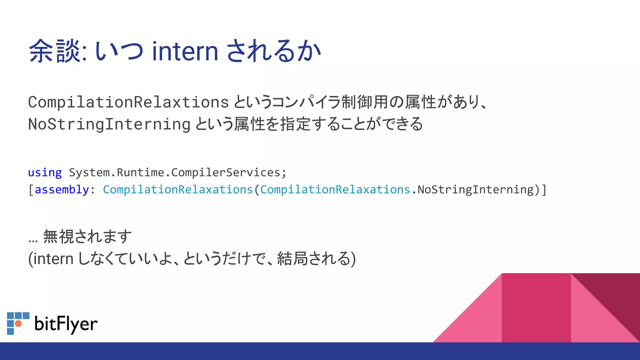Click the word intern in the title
pyautogui.click(x=185, y=52)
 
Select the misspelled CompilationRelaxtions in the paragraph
pyautogui.click(x=128, y=102)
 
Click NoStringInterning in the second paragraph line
pyautogui.click(x=109, y=124)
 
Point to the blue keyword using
pyautogui.click(x=45, y=172)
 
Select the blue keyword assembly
pyautogui.click(x=62, y=190)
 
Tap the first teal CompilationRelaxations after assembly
pyautogui.click(x=177, y=190)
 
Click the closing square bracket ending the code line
pyautogui.click(x=544, y=190)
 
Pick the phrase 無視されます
pyautogui.click(x=87, y=237)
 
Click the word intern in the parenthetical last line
pyautogui.click(x=53, y=259)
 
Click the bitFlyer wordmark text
pyautogui.click(x=66, y=324)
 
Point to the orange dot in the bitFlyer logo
pyautogui.click(x=18, y=323)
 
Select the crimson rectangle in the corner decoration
pyautogui.click(x=536, y=308)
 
